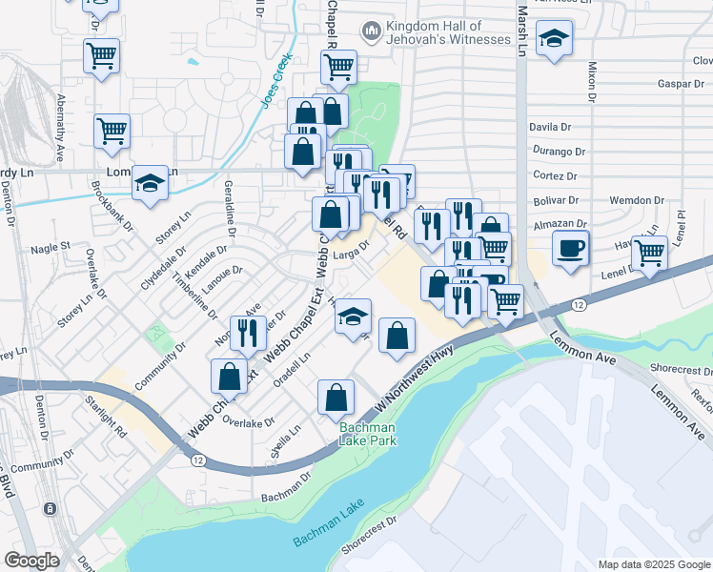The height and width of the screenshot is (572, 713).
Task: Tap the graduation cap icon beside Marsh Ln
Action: click(x=553, y=41)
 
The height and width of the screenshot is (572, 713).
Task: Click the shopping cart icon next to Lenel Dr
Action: click(x=649, y=255)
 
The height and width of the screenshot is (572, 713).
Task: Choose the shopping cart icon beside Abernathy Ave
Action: click(x=112, y=132)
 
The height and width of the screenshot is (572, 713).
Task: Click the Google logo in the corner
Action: click(x=31, y=561)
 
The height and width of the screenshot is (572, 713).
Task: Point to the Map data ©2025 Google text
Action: click(x=653, y=564)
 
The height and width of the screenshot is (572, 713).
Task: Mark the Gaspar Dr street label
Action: click(x=681, y=84)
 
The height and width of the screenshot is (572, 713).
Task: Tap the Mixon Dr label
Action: click(x=591, y=83)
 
